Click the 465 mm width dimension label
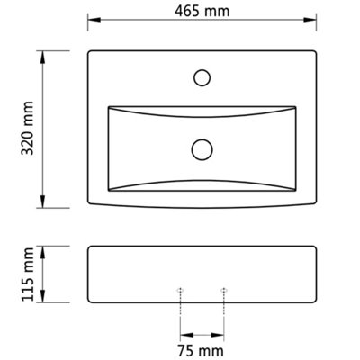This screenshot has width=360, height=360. [x=202, y=12]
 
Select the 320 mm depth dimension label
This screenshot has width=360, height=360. [x=28, y=128]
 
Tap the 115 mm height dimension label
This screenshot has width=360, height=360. [x=28, y=274]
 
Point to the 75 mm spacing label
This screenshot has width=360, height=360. [x=201, y=350]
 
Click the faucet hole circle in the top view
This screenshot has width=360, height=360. [x=202, y=77]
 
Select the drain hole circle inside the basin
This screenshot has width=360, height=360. [x=202, y=149]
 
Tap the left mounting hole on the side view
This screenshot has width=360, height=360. [x=180, y=290]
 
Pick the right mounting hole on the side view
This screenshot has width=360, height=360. [x=223, y=290]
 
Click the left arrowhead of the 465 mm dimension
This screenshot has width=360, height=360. [x=94, y=20]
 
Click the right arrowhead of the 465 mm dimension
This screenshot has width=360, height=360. [x=310, y=20]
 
